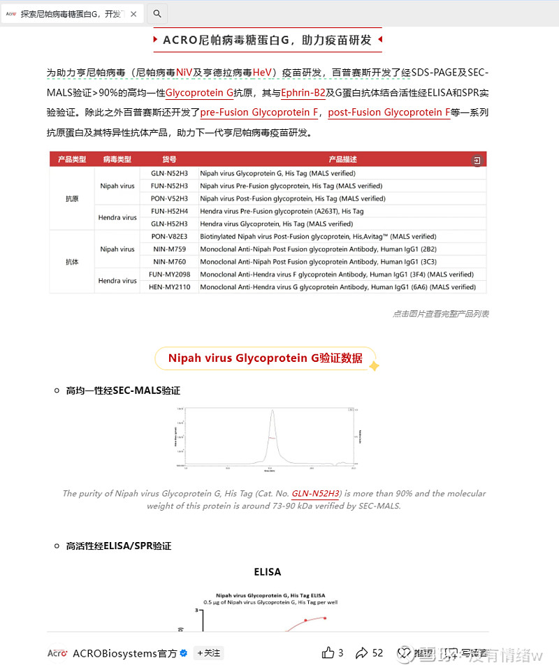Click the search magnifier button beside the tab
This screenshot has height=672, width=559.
tap(157, 13)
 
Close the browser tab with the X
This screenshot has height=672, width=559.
tap(133, 14)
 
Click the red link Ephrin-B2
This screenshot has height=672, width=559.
tap(303, 92)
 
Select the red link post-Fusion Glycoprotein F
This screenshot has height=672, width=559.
tap(389, 112)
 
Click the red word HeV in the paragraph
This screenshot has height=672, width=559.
tap(263, 73)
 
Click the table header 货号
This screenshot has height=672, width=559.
tap(169, 160)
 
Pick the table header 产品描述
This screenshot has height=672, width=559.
tap(342, 160)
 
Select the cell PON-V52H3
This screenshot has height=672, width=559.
tap(169, 198)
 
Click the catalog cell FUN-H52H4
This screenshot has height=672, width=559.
tap(169, 211)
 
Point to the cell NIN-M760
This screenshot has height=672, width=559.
tap(169, 261)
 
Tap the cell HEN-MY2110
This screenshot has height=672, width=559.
tap(169, 286)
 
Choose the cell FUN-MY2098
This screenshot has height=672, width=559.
tap(169, 274)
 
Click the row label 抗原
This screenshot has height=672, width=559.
tap(72, 198)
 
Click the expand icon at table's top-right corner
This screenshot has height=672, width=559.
tap(477, 161)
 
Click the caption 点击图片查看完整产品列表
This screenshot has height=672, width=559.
tap(440, 314)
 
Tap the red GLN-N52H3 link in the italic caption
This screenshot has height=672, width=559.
tap(316, 493)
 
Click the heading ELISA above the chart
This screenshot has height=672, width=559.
tap(268, 571)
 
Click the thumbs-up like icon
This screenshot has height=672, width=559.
tap(328, 653)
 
